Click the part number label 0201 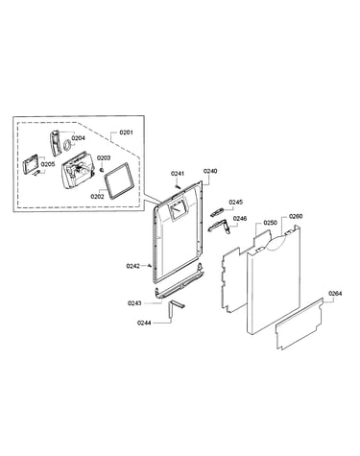tap(126, 132)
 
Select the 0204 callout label tap(78, 138)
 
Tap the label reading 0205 tap(48, 164)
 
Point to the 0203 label tap(104, 157)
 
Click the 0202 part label tap(97, 197)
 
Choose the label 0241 tap(178, 174)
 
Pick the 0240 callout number tap(210, 171)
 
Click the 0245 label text tap(236, 202)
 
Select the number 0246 tap(240, 218)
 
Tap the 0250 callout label tap(271, 223)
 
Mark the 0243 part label tap(134, 303)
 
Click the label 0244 tap(144, 323)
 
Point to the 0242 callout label tap(133, 266)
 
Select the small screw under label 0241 tap(178, 185)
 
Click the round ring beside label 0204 tap(67, 145)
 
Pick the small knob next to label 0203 tap(103, 168)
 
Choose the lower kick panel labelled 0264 tap(300, 324)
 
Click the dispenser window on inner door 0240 tap(177, 210)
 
